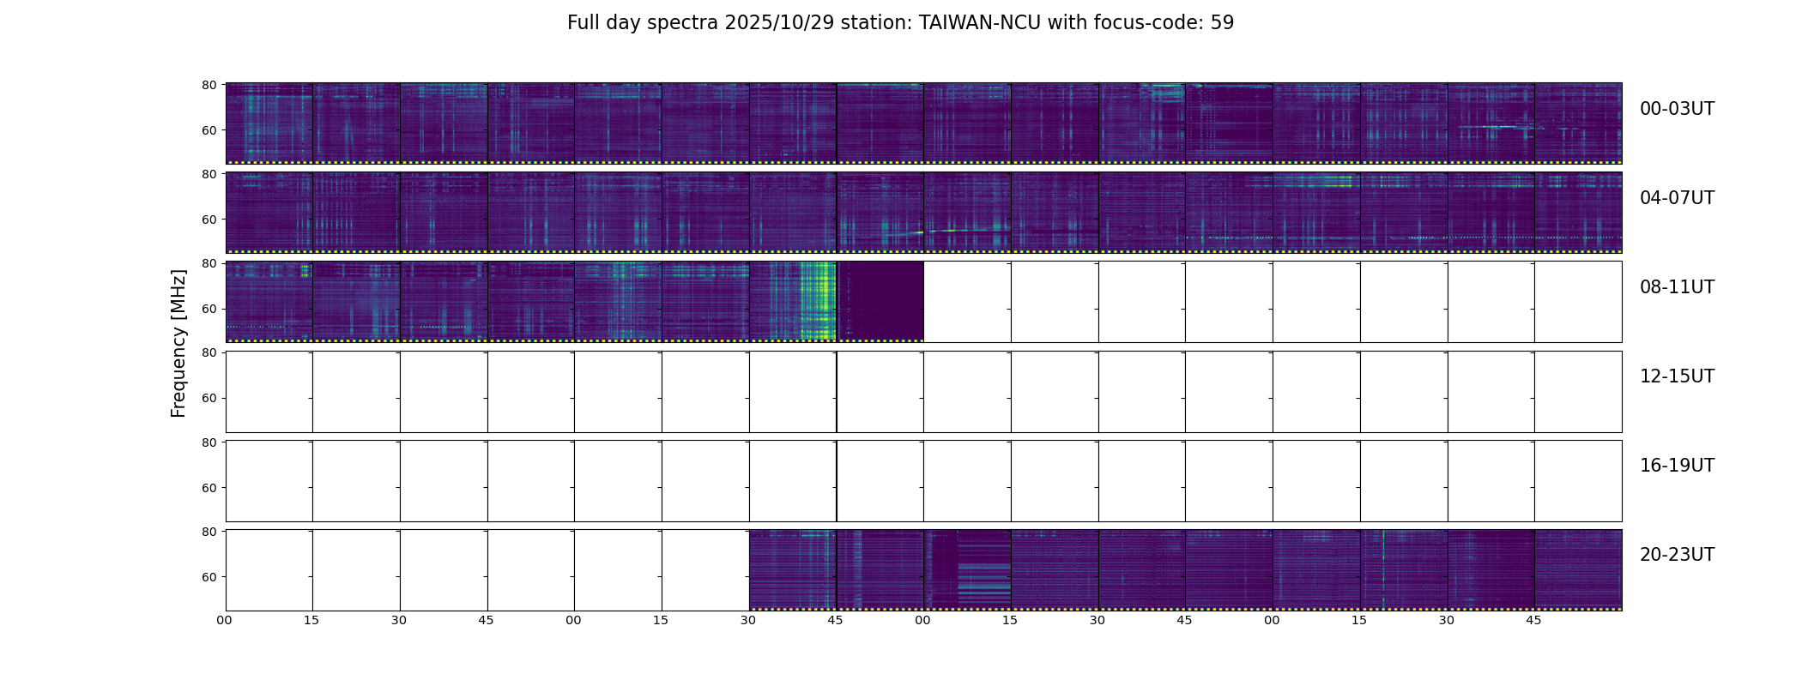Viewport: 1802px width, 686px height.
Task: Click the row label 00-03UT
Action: click(1677, 109)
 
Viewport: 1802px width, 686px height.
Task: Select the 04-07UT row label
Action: click(1677, 198)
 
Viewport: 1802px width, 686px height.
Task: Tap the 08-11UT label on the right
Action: click(1677, 287)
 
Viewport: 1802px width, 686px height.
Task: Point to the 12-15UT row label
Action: click(1677, 376)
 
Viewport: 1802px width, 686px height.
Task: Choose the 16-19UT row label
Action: click(1677, 466)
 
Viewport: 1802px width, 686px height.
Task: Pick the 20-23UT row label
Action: click(1677, 555)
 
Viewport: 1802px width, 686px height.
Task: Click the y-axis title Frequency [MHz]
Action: click(178, 343)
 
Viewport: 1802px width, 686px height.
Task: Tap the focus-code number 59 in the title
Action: click(1223, 23)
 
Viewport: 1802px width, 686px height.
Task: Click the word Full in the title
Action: click(583, 23)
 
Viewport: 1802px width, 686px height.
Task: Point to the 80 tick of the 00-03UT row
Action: click(209, 85)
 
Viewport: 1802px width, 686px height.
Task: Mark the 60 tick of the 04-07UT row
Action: click(209, 220)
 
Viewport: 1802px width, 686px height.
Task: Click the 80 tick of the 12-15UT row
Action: click(209, 352)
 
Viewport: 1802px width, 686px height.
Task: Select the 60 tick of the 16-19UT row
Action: click(209, 488)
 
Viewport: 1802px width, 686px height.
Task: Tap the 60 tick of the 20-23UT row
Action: click(209, 577)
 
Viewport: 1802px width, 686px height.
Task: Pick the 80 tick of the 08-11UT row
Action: click(209, 263)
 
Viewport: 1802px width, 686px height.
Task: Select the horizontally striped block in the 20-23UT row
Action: click(983, 583)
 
